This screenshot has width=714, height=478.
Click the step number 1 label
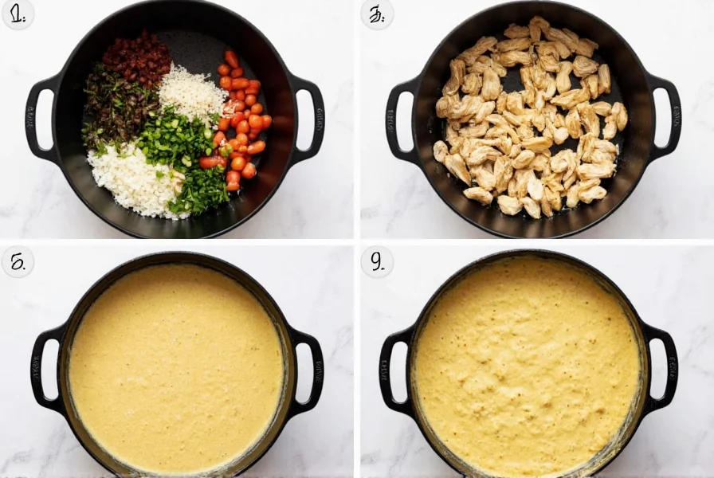pos(17,14)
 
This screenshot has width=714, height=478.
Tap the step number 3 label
pos(376,14)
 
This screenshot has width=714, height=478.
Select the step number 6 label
pos(17,261)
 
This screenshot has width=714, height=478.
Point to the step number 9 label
pos(376,261)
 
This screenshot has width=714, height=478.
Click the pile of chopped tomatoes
pos(241,119)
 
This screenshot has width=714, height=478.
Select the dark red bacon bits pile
pos(137,57)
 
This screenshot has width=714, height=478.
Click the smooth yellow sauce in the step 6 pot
pos(175,366)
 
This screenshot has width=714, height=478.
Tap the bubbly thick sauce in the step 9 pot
pos(526,366)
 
